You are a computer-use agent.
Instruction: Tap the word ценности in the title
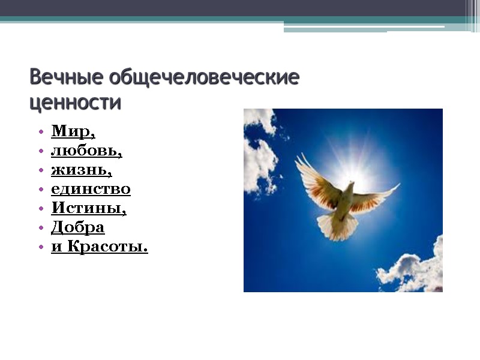(x=75, y=103)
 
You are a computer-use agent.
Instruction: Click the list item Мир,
(x=73, y=131)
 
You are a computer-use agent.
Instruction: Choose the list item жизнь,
(x=82, y=170)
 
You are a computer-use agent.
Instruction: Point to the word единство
(x=91, y=189)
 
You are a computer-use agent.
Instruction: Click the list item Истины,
(x=89, y=208)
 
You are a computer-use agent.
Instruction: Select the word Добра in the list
(x=78, y=227)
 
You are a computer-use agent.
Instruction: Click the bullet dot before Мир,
(x=40, y=131)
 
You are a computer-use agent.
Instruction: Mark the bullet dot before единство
(x=40, y=190)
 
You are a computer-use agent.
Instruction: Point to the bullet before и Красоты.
(x=40, y=247)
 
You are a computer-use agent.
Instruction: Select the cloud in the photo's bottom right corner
(x=414, y=270)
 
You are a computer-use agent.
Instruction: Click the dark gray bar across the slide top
(x=240, y=8)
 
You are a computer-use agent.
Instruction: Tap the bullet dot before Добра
(x=40, y=228)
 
